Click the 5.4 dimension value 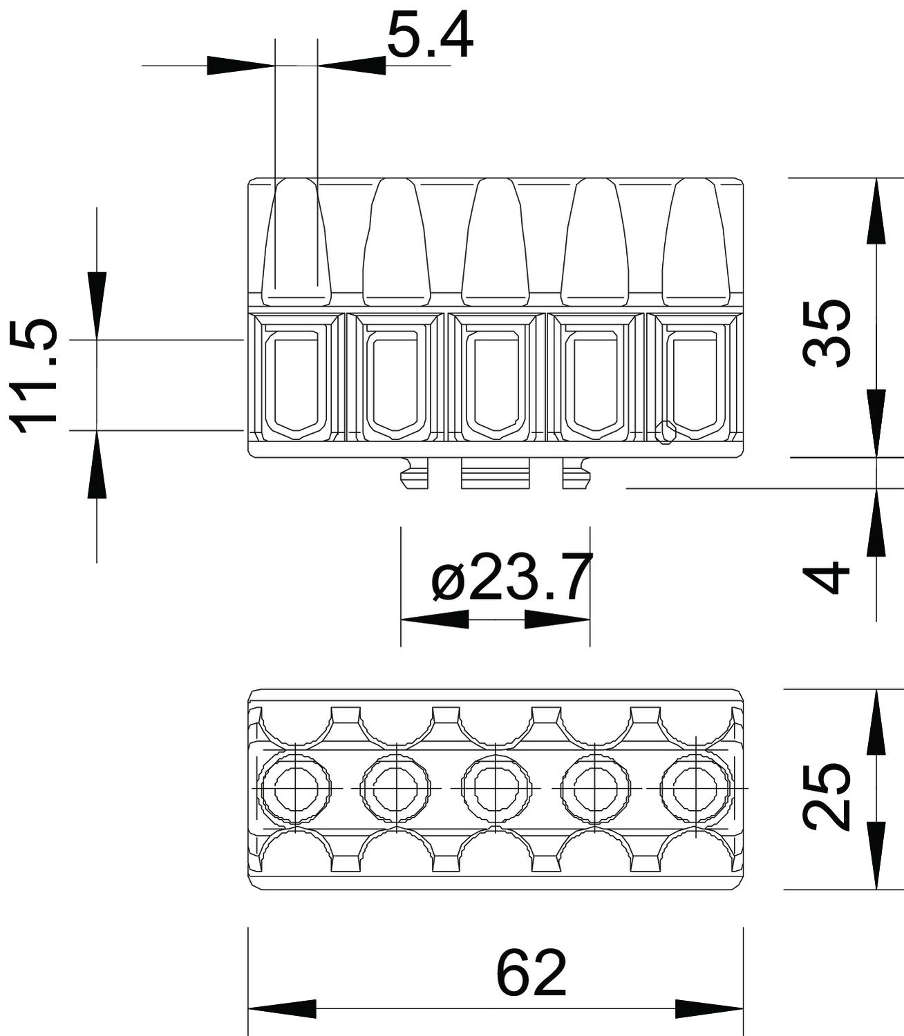pyautogui.click(x=430, y=37)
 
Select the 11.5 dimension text pyautogui.click(x=33, y=376)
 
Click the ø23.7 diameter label pyautogui.click(x=512, y=577)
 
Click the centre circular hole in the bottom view pyautogui.click(x=497, y=789)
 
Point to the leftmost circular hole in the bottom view pyautogui.click(x=296, y=789)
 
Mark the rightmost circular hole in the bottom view pyautogui.click(x=697, y=789)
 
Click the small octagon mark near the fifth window pyautogui.click(x=666, y=432)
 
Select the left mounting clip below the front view pyautogui.click(x=415, y=473)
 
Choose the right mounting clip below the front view pyautogui.click(x=576, y=473)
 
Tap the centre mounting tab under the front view pyautogui.click(x=496, y=473)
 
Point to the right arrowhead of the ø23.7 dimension pyautogui.click(x=557, y=620)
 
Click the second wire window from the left pyautogui.click(x=396, y=376)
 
